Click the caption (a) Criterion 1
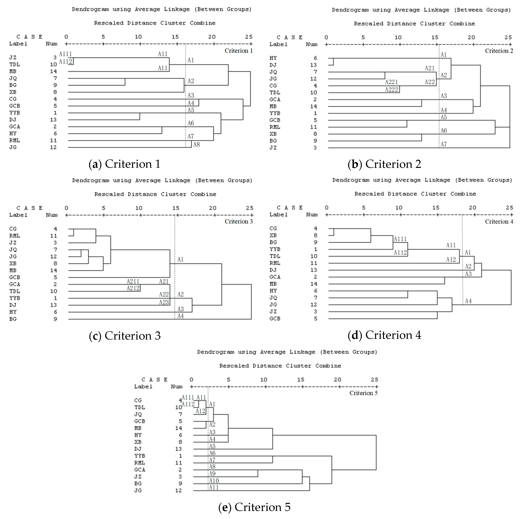click(x=124, y=164)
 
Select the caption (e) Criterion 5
click(x=254, y=507)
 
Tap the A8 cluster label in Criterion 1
click(x=196, y=144)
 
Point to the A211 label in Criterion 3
click(x=133, y=281)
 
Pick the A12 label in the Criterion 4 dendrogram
click(x=451, y=260)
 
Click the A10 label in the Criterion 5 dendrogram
click(x=214, y=481)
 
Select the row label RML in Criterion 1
click(x=14, y=140)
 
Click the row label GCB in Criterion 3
click(x=14, y=277)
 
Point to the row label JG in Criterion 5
click(x=138, y=490)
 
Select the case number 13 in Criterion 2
click(x=313, y=65)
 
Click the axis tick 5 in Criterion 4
click(x=364, y=208)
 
